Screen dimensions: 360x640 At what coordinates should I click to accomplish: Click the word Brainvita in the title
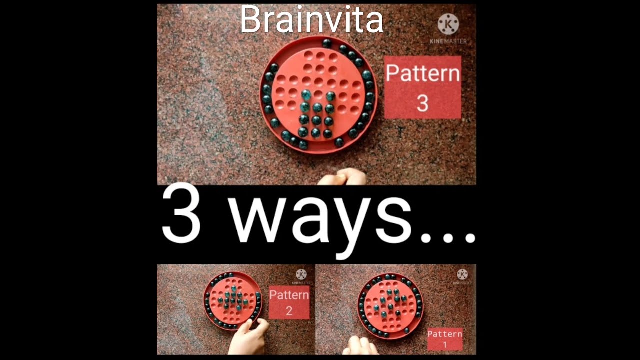coord(311,20)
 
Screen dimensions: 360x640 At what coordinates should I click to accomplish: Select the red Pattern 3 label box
coord(422,87)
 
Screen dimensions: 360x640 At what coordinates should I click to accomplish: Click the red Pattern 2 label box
coord(289,302)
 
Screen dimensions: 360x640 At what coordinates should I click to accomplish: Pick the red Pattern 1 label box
coord(445,339)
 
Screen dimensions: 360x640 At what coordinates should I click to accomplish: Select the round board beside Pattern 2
coord(233,301)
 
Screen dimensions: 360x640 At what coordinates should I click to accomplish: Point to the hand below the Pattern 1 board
coord(360,346)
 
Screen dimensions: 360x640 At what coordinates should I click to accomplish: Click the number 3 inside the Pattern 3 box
coord(422,103)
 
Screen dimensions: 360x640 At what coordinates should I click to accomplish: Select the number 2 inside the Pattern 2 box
coord(289,311)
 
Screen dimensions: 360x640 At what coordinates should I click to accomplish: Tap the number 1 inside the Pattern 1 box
coord(445,344)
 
